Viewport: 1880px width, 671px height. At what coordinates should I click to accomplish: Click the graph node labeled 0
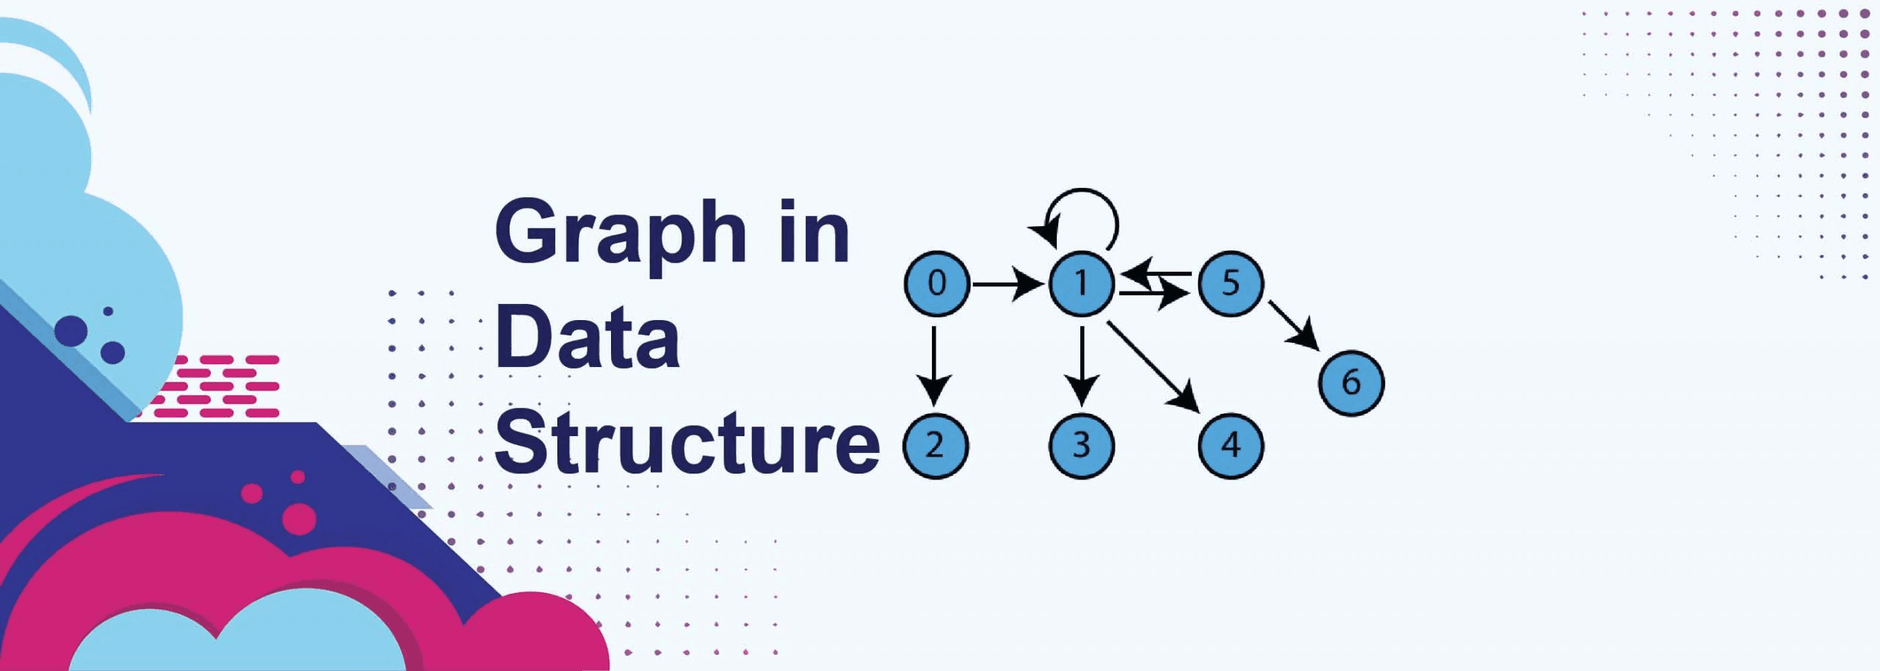tap(937, 283)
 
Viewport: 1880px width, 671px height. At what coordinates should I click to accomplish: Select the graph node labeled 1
tap(1082, 283)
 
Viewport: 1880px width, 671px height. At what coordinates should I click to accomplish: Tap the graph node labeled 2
tap(936, 446)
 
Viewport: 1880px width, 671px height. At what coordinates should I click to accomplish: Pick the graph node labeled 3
tap(1082, 446)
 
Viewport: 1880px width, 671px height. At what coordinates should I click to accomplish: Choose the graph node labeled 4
tap(1231, 446)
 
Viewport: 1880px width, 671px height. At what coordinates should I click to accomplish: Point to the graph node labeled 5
tap(1231, 283)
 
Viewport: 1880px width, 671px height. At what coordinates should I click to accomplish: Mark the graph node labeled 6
tap(1351, 382)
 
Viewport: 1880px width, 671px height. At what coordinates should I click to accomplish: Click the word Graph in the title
tap(621, 232)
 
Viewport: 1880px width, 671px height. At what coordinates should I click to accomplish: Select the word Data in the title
tap(587, 338)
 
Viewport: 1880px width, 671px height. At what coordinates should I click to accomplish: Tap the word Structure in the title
tap(687, 443)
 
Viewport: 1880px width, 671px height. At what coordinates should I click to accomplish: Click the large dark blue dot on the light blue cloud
tap(71, 330)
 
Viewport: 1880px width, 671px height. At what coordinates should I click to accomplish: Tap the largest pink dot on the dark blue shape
tap(299, 518)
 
